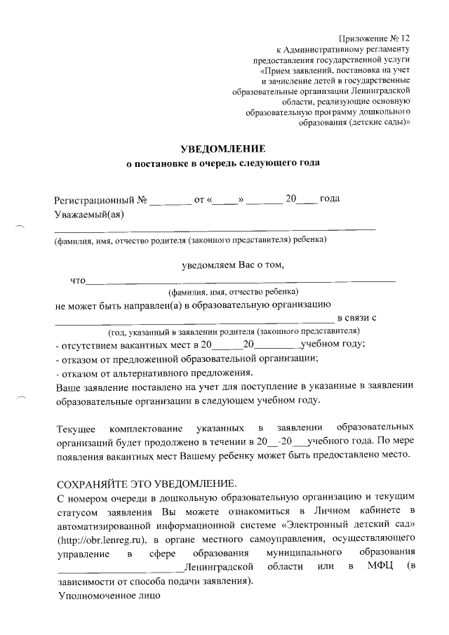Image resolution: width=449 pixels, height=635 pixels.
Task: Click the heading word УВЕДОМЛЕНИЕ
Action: [223, 149]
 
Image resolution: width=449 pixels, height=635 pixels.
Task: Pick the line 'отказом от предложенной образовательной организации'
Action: [187, 358]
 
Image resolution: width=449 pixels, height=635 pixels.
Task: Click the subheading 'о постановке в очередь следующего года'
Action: [222, 163]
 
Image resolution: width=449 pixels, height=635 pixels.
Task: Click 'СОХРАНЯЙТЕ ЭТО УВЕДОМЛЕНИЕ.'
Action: [146, 485]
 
